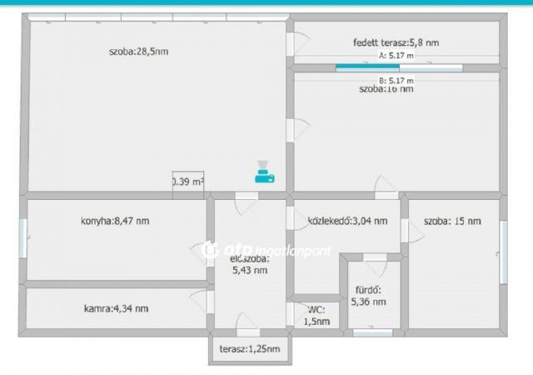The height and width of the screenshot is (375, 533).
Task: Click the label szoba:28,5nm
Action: [x=138, y=52]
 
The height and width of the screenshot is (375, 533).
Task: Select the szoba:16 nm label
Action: [x=386, y=88]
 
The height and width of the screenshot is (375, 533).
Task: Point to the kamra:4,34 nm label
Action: [x=117, y=308]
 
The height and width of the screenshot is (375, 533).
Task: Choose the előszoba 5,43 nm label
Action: [x=250, y=263]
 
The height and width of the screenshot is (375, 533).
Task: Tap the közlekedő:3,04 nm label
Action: [x=347, y=221]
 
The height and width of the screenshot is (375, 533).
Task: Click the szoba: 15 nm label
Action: [x=452, y=221]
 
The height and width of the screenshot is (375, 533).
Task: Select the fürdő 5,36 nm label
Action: [x=368, y=297]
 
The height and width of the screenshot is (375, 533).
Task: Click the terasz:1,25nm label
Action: [x=250, y=349]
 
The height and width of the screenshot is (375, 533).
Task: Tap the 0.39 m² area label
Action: [x=187, y=181]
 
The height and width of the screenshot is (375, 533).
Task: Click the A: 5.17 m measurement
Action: [x=396, y=55]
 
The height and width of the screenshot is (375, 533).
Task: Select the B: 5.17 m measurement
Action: [x=396, y=80]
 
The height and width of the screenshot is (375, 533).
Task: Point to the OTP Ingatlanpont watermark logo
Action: [x=266, y=249]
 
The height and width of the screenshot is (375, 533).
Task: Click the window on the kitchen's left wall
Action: [x=23, y=238]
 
